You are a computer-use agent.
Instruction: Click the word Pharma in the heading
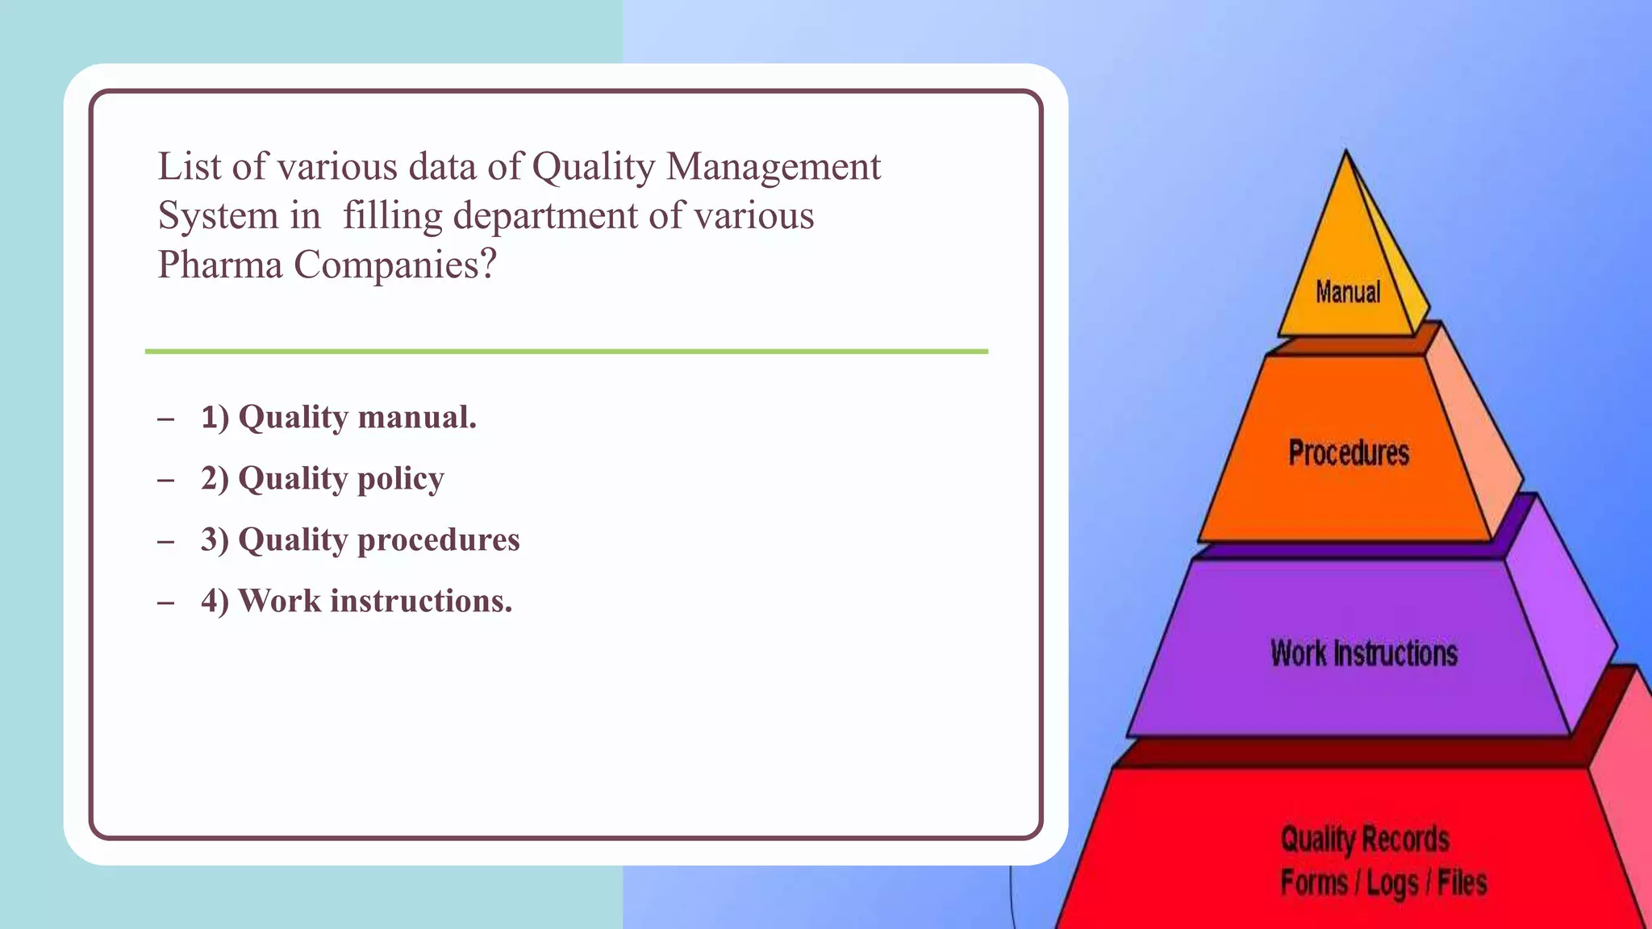coord(219,265)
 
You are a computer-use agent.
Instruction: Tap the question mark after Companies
coord(487,264)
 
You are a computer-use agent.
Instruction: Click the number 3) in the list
coord(215,539)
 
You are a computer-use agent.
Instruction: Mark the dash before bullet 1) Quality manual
coord(166,419)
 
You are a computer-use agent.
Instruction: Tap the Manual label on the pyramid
coord(1348,292)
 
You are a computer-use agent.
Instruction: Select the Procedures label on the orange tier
coord(1349,452)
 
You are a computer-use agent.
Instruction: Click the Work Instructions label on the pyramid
coord(1364,652)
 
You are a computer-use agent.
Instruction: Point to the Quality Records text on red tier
coord(1365,839)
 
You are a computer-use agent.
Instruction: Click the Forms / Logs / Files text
coord(1383,882)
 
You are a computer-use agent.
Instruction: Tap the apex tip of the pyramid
coord(1345,153)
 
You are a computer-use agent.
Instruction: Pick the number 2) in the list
coord(215,479)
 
